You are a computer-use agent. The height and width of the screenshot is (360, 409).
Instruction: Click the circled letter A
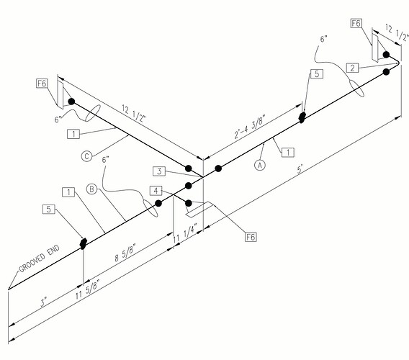260,165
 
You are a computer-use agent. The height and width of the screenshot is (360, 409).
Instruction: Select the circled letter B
91,189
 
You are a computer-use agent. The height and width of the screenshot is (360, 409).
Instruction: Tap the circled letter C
87,156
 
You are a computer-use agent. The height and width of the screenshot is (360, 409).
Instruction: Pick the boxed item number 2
352,68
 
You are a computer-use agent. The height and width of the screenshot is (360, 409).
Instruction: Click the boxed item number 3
159,171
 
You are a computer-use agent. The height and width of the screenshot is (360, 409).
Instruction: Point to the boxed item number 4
156,191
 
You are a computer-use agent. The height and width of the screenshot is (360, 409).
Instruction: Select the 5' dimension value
300,168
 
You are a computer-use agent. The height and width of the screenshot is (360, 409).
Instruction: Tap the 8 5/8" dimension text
126,253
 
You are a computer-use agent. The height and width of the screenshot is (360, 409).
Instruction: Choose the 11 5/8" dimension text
88,289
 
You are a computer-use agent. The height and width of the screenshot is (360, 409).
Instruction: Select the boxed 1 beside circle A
288,152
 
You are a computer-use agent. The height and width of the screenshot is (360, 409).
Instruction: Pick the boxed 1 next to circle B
68,192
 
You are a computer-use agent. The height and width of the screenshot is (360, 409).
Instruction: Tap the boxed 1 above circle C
73,134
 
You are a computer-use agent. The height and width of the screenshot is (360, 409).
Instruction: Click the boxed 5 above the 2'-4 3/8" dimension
317,74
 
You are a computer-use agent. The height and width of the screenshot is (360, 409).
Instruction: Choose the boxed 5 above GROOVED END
49,209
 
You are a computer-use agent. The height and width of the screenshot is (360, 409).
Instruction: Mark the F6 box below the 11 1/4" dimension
251,237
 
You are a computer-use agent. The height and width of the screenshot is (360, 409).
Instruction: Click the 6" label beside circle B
105,159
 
